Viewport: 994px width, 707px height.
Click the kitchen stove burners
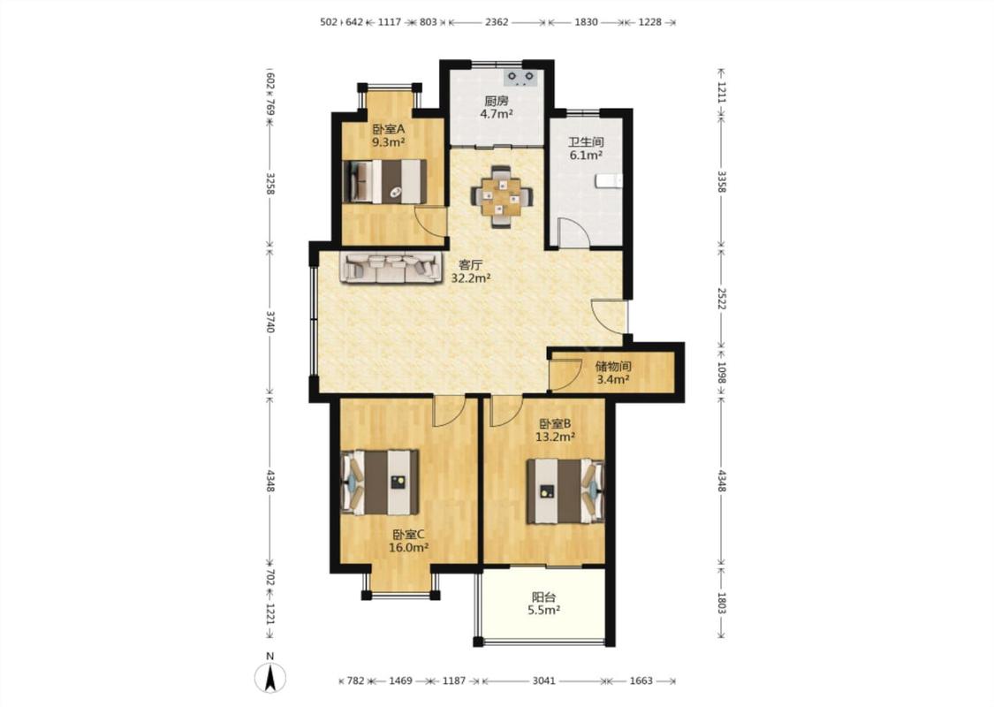[x=520, y=78]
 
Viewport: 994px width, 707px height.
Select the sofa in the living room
[x=391, y=267]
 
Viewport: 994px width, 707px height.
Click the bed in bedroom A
[x=384, y=181]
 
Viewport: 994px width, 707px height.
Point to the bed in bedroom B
[x=565, y=491]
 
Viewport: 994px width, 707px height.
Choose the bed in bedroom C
[x=380, y=483]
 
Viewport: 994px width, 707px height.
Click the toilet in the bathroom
[x=609, y=181]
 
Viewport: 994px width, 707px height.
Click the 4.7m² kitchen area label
[x=497, y=114]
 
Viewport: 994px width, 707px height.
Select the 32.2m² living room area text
[x=471, y=277]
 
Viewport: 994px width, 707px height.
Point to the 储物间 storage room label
[x=613, y=367]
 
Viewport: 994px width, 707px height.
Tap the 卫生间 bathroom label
[x=586, y=142]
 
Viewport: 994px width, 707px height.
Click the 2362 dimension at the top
[x=497, y=21]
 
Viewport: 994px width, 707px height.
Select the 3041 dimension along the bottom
[x=544, y=681]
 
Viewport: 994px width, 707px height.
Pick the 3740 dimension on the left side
[x=270, y=322]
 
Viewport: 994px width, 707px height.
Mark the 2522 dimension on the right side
[x=721, y=298]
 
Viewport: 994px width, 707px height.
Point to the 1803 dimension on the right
[x=721, y=602]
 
